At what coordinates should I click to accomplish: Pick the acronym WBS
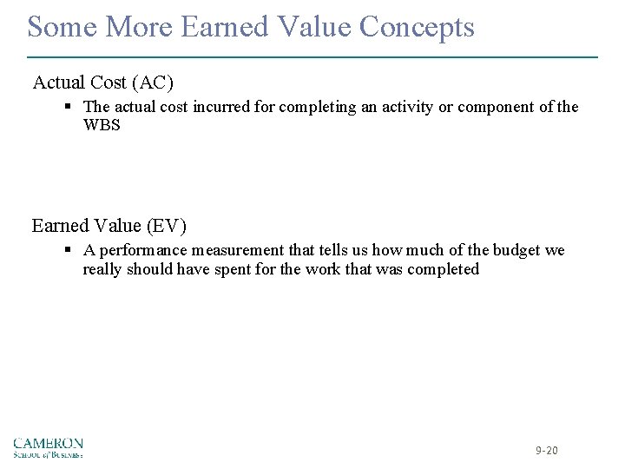(x=102, y=125)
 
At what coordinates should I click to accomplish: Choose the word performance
(x=139, y=250)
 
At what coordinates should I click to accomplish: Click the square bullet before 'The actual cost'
(x=68, y=107)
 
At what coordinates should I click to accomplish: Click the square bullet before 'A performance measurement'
(x=68, y=250)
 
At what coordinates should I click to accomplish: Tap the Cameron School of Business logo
(x=49, y=446)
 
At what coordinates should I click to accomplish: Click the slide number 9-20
(x=547, y=451)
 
